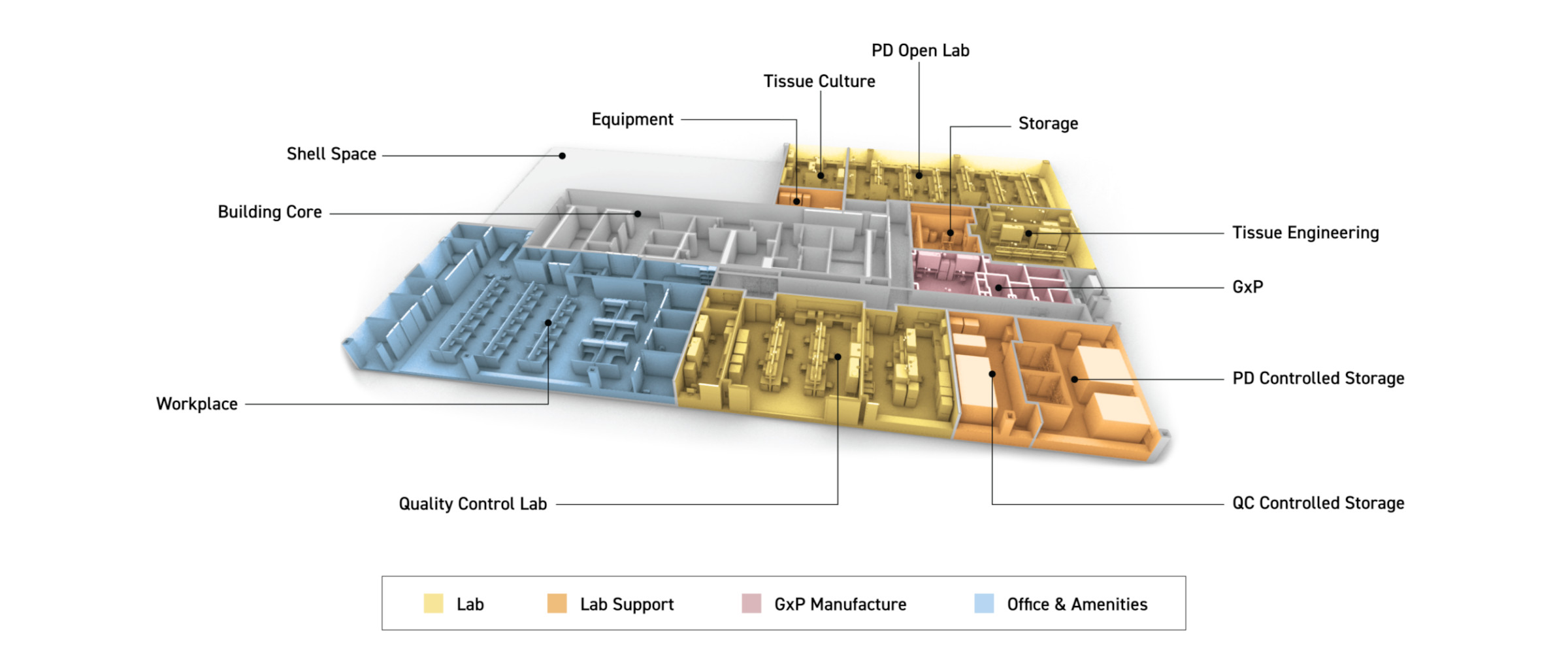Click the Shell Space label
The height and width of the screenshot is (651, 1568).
tap(331, 154)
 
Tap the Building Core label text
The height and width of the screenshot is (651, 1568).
tap(269, 212)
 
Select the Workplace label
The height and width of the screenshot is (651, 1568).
tap(197, 404)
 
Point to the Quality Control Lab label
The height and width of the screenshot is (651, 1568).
tap(472, 504)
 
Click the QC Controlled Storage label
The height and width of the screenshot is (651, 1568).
tap(1318, 503)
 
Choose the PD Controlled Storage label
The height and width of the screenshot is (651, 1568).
tap(1318, 378)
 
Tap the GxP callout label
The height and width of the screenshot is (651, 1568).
tap(1247, 287)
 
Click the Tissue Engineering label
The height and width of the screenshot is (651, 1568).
tap(1305, 233)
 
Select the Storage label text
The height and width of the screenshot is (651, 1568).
tap(1048, 124)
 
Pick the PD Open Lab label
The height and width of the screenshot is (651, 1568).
tap(920, 51)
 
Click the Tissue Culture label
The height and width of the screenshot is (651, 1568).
tap(819, 82)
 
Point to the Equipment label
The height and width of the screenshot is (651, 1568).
tap(632, 120)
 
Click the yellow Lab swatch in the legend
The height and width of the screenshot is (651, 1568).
tap(433, 603)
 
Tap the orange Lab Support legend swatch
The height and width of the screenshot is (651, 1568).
tap(557, 603)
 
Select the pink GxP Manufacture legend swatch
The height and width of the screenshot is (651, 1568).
tap(751, 603)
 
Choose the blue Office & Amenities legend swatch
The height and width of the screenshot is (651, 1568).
tap(984, 603)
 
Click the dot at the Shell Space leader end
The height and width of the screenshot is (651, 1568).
tap(562, 156)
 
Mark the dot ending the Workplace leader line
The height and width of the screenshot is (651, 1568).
tap(548, 323)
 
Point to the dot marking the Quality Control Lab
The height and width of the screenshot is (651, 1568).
tap(838, 357)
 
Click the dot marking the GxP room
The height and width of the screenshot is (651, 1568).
tap(998, 288)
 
